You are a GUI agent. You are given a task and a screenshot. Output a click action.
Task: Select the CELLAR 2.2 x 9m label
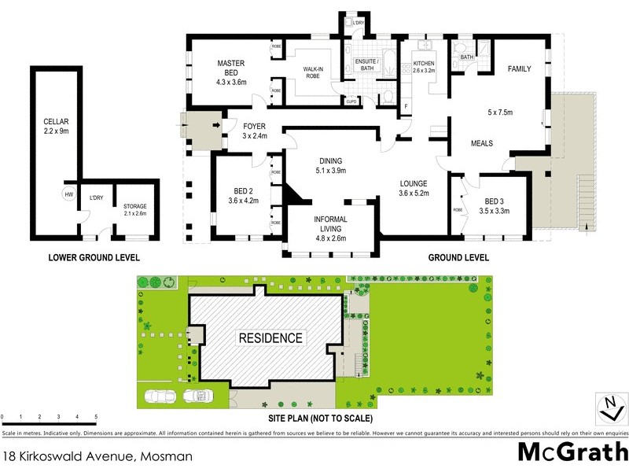(x=57, y=127)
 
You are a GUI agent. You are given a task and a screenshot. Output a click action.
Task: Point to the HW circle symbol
(x=69, y=195)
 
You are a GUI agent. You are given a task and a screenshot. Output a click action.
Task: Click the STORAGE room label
(x=131, y=210)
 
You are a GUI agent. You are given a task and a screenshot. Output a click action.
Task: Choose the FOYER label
(x=255, y=131)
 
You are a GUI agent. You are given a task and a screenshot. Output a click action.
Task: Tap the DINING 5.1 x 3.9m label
(x=330, y=164)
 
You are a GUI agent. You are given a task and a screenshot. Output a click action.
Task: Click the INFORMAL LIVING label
(x=330, y=225)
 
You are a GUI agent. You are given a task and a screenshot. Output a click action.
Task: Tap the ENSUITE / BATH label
(x=367, y=65)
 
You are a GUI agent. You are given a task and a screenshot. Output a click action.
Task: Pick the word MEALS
(x=482, y=144)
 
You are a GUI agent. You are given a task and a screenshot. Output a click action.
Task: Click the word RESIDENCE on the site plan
(x=270, y=338)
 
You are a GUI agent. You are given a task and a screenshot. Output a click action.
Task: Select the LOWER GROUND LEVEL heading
(x=94, y=257)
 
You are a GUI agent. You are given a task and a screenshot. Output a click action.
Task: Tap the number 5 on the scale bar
(x=96, y=416)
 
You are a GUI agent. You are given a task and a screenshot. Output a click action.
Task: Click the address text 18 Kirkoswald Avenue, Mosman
(x=97, y=455)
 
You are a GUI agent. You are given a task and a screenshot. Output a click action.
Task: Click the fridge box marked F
(x=406, y=106)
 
